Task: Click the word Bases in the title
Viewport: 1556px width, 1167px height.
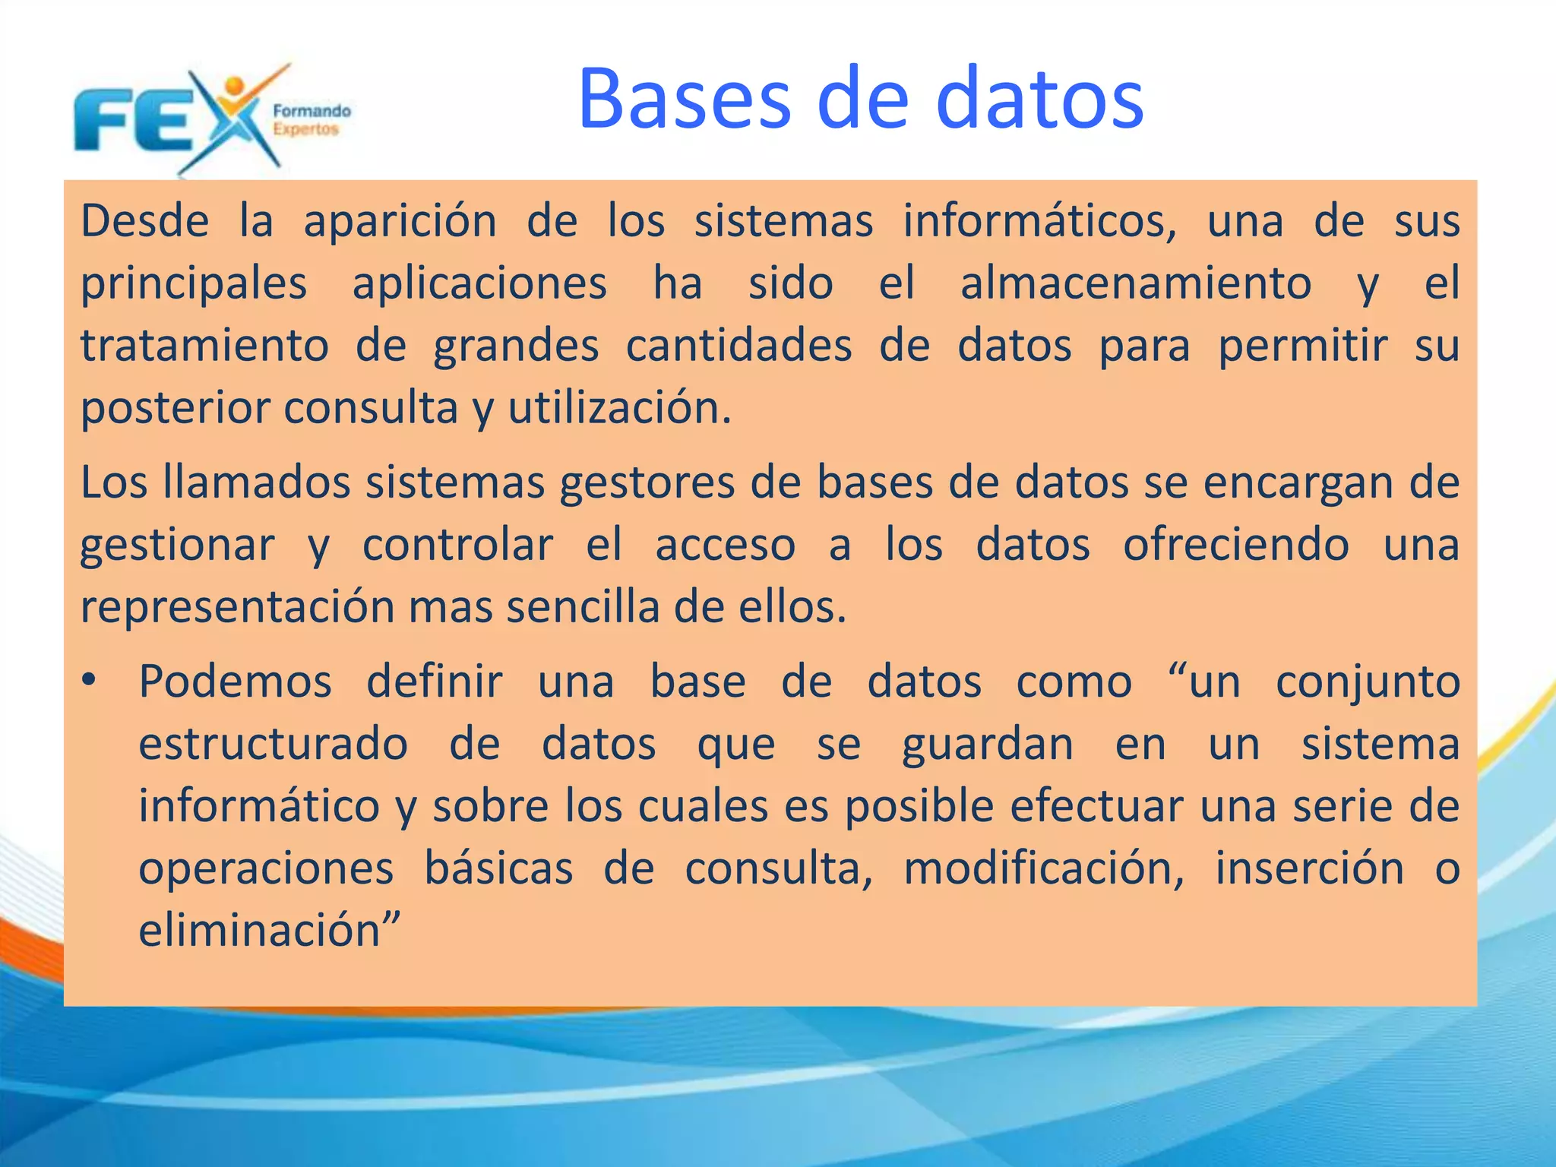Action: coord(685,100)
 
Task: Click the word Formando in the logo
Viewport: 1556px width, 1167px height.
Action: coord(312,111)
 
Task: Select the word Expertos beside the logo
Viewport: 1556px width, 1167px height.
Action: coord(305,129)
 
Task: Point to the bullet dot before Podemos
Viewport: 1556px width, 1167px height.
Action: coord(90,681)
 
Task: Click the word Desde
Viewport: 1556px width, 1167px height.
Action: coord(144,221)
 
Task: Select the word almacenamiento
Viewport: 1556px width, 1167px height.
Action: coord(1135,283)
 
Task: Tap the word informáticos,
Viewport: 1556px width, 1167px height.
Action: coord(1039,221)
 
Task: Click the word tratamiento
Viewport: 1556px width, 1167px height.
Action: coord(204,346)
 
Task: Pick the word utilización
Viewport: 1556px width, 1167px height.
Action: coord(619,408)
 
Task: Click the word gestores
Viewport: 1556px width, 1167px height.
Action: coord(647,484)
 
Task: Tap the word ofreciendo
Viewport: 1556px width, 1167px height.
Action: coord(1236,545)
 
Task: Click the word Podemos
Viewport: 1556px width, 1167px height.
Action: coord(236,682)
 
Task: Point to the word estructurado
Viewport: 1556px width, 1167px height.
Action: coord(274,744)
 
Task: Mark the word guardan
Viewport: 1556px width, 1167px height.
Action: coord(987,745)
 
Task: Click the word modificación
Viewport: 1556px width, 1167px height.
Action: coord(1043,868)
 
